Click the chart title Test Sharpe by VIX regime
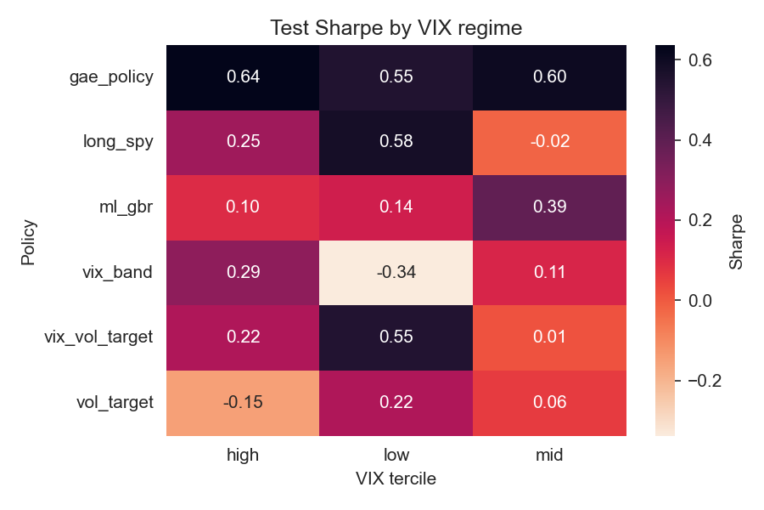pos(396,28)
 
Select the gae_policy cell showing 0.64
pos(243,76)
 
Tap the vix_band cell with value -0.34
pos(396,273)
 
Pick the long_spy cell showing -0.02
pos(549,142)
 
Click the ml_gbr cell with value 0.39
pos(549,207)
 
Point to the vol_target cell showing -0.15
pos(243,403)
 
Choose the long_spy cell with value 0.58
pos(396,142)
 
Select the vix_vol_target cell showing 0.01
pos(549,337)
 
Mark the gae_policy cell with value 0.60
pos(549,76)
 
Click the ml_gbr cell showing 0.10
pos(243,207)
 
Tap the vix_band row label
pos(125,273)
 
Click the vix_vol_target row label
pos(98,337)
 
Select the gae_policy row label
pos(111,76)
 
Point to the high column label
pos(243,456)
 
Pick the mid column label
pos(549,456)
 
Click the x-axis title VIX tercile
pos(396,479)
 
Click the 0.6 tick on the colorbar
pos(698,60)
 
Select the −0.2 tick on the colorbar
pos(701,380)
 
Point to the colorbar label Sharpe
pos(736,240)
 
